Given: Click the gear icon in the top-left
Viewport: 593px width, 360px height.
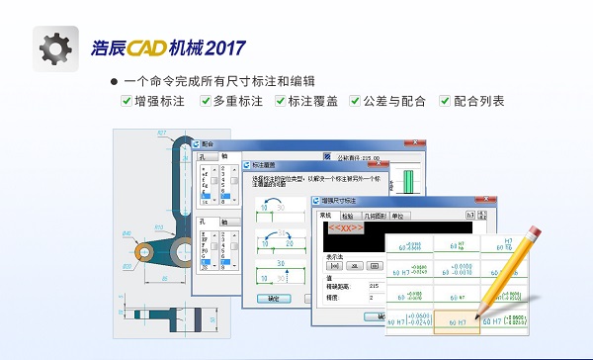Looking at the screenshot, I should coord(54,46).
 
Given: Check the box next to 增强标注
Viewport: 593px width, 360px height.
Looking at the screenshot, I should coord(127,101).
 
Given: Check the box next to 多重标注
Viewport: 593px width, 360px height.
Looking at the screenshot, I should coord(204,101).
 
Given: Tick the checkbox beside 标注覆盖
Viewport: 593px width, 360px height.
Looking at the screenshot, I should coord(281,101).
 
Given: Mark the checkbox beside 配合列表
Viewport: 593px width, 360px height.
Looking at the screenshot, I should coord(446,101).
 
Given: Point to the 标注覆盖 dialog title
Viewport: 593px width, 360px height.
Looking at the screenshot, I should coord(264,164).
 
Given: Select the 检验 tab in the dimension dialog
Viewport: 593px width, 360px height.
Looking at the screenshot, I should coord(347,215).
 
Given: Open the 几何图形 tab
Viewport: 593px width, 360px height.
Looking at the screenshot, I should coord(374,215).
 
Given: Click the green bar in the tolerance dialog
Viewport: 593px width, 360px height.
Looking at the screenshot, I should coord(408,180).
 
